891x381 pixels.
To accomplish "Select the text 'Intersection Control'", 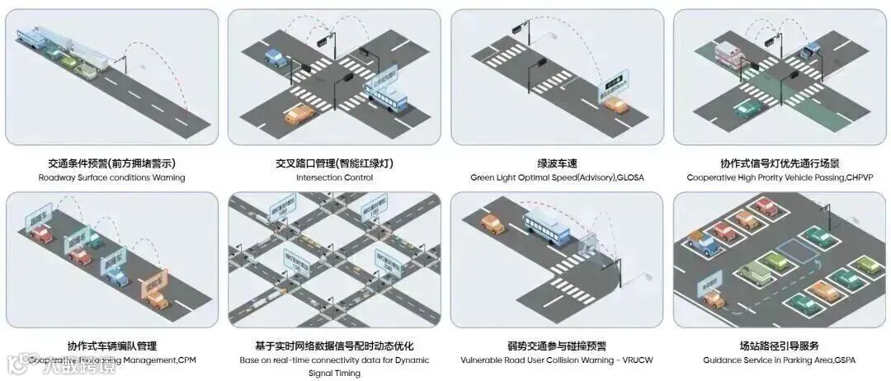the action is pyautogui.click(x=334, y=177).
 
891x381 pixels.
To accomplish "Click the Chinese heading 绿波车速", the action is pyautogui.click(x=557, y=163).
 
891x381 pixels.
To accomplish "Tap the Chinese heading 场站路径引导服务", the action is pyautogui.click(x=780, y=346).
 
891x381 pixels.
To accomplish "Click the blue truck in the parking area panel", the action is pyautogui.click(x=703, y=241).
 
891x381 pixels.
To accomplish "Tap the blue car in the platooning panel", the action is pyautogui.click(x=115, y=276).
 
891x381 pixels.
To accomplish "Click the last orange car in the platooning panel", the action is pyautogui.click(x=156, y=299).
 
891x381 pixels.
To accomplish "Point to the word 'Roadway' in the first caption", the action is pyautogui.click(x=54, y=177).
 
